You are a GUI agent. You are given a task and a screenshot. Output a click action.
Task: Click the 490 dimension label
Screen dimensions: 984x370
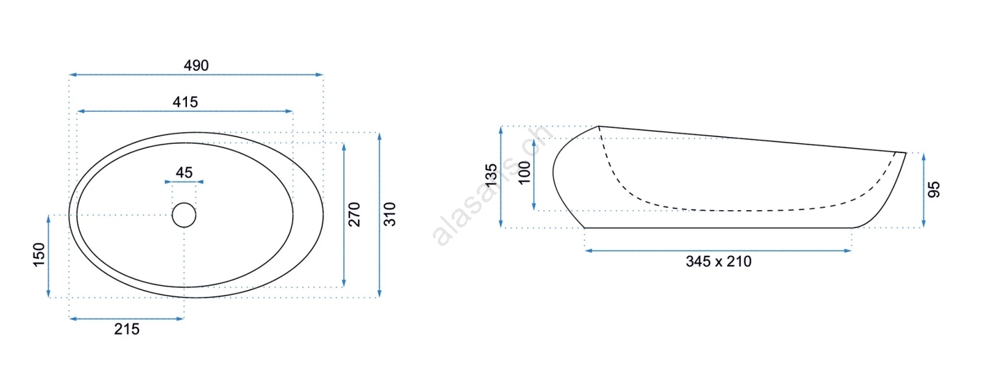coord(196,65)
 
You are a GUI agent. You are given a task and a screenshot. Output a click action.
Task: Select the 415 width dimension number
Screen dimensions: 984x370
coord(185,102)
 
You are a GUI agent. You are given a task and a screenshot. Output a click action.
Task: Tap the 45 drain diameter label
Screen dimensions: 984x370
coord(184,173)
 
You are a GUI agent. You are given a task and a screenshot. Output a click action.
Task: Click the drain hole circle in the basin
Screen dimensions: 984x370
coord(184,215)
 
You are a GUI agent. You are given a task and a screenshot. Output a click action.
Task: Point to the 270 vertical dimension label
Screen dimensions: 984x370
coord(354,215)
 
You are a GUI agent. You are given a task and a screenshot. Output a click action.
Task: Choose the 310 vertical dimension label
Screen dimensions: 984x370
coord(390,215)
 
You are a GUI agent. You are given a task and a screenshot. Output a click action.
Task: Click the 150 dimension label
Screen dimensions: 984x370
coord(39,254)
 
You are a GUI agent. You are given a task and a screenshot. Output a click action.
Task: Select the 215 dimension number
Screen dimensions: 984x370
coord(127,329)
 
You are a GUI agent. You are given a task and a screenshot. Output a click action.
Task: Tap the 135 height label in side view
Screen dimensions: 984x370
coord(491,175)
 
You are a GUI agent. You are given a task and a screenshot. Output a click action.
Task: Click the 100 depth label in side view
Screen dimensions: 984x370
coord(525,173)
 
